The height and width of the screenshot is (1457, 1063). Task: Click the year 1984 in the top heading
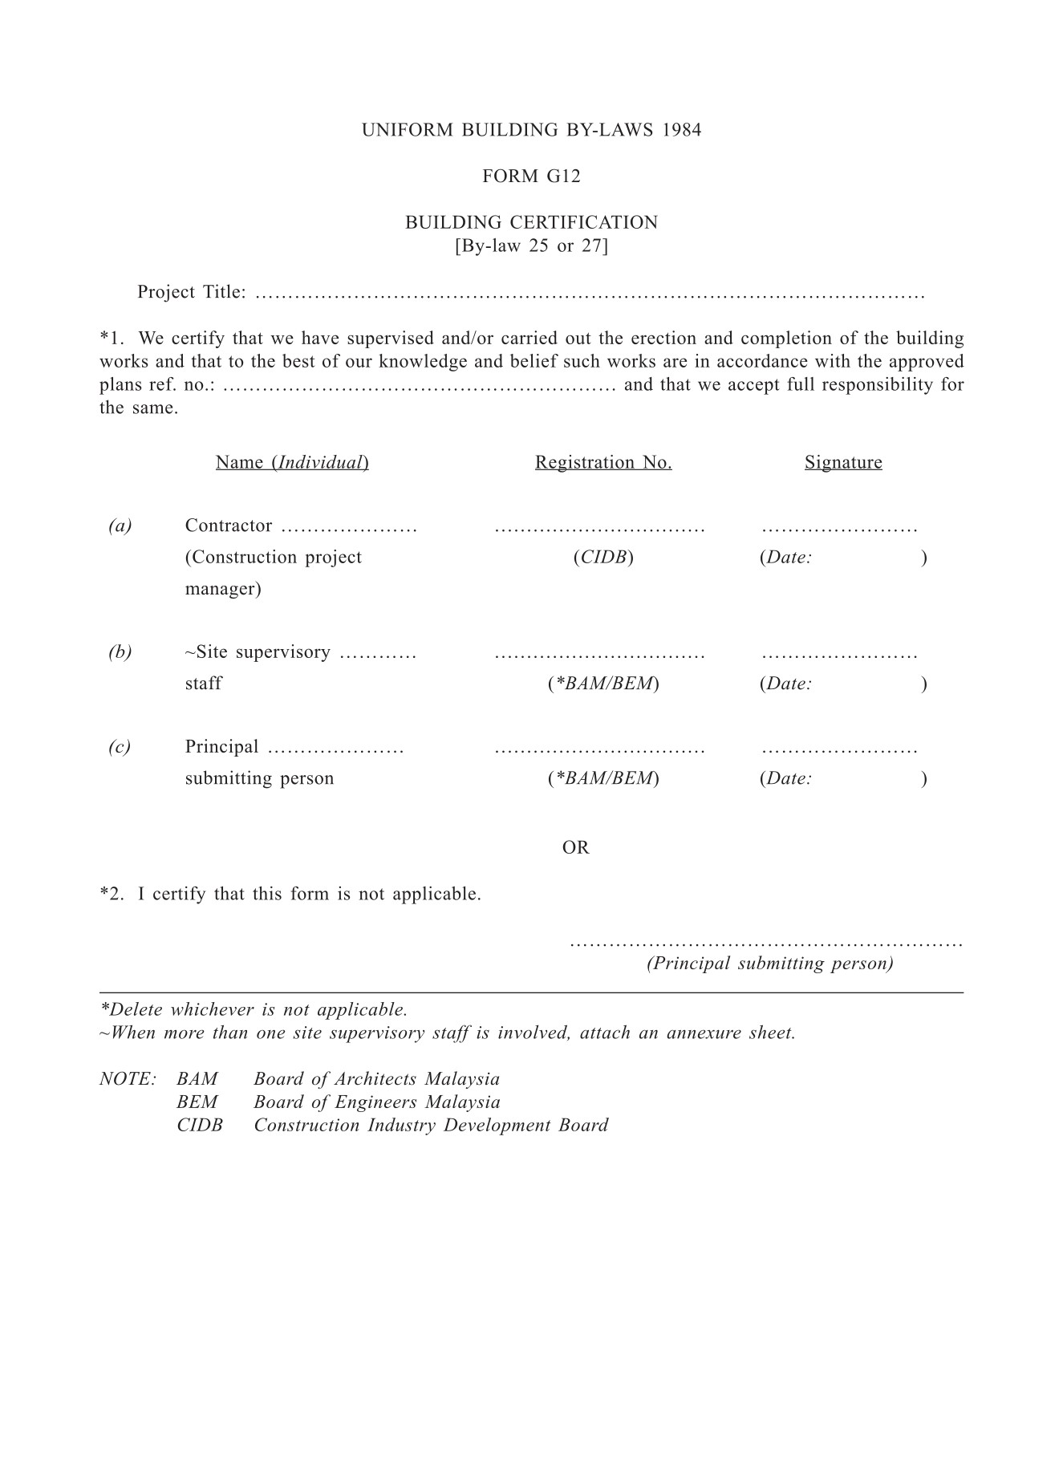click(x=682, y=130)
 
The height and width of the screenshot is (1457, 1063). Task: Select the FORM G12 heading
click(x=531, y=177)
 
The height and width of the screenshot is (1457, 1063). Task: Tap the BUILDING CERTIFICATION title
click(x=531, y=222)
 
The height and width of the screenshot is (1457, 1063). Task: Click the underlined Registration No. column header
click(x=603, y=462)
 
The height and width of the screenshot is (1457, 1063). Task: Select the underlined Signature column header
click(x=843, y=462)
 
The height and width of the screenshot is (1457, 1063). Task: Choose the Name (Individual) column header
click(x=292, y=462)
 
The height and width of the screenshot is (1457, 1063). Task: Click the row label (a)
click(x=120, y=526)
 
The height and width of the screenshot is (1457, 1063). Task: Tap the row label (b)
click(x=120, y=651)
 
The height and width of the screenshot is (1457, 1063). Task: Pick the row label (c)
click(x=120, y=747)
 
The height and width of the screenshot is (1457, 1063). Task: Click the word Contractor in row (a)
click(x=229, y=526)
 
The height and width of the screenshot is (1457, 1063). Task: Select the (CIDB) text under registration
click(x=603, y=557)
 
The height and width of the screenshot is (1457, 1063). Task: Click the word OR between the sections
click(x=576, y=847)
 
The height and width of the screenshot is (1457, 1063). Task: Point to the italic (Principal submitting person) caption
click(x=770, y=964)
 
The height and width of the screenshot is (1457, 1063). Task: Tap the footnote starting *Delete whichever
click(x=254, y=1009)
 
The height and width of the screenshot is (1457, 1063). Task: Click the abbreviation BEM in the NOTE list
click(x=197, y=1102)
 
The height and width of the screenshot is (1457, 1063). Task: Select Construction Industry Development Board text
click(x=431, y=1126)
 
